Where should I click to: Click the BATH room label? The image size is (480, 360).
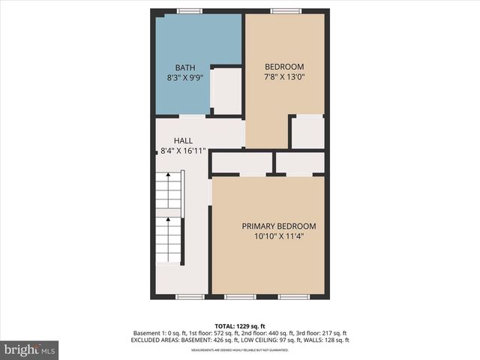(x=185, y=67)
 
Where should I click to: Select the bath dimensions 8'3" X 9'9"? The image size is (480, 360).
(x=185, y=76)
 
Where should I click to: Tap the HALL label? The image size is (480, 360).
(x=183, y=140)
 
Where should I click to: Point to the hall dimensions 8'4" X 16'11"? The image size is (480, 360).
(x=183, y=151)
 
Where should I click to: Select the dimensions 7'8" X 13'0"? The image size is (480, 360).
(x=283, y=76)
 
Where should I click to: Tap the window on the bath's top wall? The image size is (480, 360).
(x=190, y=11)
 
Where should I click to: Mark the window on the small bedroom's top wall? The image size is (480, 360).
(x=286, y=11)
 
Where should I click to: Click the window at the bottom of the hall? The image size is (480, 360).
(x=190, y=297)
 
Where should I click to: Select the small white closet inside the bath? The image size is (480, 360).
(x=226, y=91)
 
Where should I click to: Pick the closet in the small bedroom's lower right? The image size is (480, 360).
(x=307, y=133)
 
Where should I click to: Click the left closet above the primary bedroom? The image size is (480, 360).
(x=241, y=163)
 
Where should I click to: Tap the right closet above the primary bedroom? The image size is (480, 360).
(x=300, y=163)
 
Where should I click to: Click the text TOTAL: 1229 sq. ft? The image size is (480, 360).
(x=240, y=326)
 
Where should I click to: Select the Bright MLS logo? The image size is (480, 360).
(x=30, y=349)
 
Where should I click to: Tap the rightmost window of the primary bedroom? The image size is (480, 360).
(x=294, y=297)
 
